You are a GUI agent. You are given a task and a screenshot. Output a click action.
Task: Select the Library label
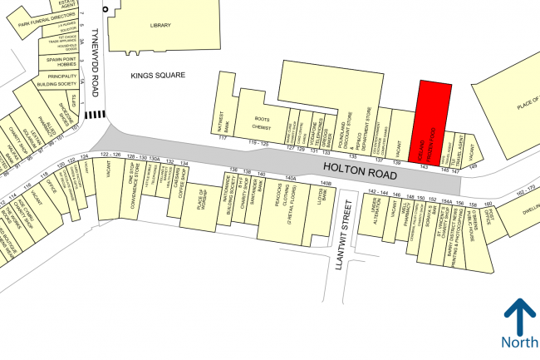click(160, 26)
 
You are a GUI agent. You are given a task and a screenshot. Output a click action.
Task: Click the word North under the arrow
click(519, 343)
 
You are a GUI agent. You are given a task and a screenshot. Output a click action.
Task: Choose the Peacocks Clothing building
click(290, 202)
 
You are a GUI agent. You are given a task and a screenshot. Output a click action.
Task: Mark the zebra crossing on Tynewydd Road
click(97, 114)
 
